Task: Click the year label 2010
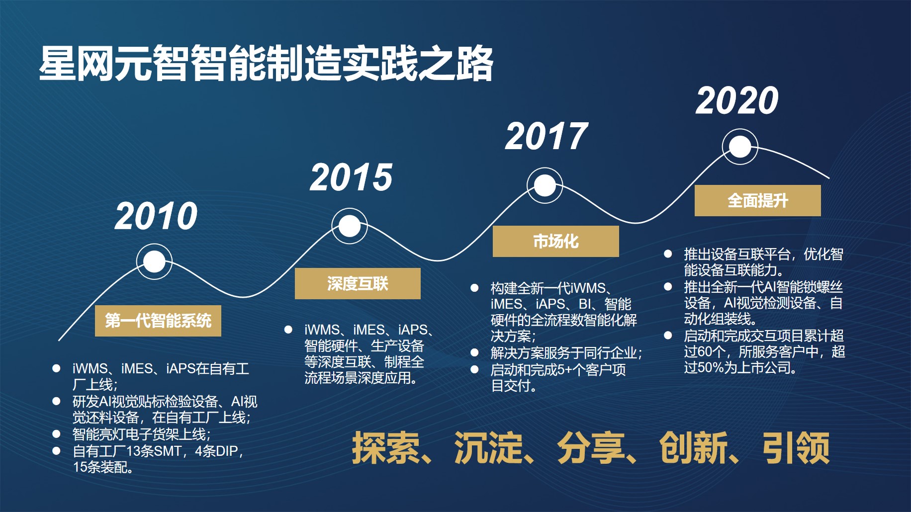[156, 216]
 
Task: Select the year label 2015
[352, 177]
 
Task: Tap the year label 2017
[547, 137]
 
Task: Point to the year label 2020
[737, 100]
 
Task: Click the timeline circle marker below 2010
[154, 261]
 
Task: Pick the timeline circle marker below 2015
[350, 226]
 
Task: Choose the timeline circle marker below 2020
[740, 147]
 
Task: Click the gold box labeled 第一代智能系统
[158, 321]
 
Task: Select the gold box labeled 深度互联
[358, 283]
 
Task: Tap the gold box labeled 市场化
[556, 241]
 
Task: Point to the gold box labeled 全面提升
[758, 200]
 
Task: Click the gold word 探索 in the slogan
[386, 448]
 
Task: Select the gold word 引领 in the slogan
[796, 448]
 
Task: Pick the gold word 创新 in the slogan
[694, 448]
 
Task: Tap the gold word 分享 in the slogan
[591, 448]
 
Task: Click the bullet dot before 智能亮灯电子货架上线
[56, 434]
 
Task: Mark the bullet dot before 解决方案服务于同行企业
[474, 353]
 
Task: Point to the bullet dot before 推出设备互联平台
[668, 254]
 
